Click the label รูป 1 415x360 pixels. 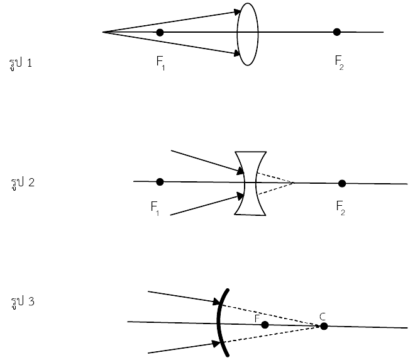pyautogui.click(x=21, y=64)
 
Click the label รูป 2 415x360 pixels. pyautogui.click(x=23, y=183)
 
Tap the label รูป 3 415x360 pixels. pyautogui.click(x=23, y=302)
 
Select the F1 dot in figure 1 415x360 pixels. pyautogui.click(x=160, y=33)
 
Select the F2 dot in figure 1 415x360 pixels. pyautogui.click(x=336, y=32)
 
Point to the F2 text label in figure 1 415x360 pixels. pyautogui.click(x=339, y=62)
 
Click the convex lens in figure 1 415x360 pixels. pyautogui.click(x=248, y=34)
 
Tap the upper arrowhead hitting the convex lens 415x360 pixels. pyautogui.click(x=236, y=12)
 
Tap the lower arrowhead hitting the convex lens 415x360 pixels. pyautogui.click(x=236, y=53)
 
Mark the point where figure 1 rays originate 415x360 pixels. pyautogui.click(x=103, y=32)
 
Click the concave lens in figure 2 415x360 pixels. pyautogui.click(x=250, y=183)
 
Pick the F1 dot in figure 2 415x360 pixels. pyautogui.click(x=160, y=182)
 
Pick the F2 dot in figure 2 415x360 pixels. pyautogui.click(x=342, y=183)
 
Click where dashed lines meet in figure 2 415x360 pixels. pyautogui.click(x=293, y=183)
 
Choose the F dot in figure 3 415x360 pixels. pyautogui.click(x=265, y=325)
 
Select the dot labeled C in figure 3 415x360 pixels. pyautogui.click(x=324, y=327)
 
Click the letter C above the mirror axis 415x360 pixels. pyautogui.click(x=323, y=317)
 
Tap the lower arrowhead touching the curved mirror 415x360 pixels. pyautogui.click(x=216, y=344)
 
